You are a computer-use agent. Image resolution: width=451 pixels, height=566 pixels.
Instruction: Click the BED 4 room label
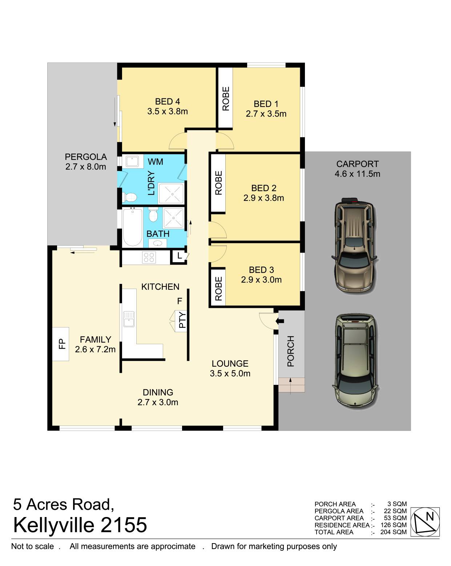click(168, 102)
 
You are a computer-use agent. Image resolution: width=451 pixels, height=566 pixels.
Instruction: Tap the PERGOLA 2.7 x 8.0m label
click(86, 162)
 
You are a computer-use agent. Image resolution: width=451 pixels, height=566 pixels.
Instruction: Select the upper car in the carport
click(354, 246)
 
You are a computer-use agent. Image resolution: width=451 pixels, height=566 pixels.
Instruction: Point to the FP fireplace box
click(61, 344)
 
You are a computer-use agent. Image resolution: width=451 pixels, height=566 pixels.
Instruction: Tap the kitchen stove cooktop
click(149, 257)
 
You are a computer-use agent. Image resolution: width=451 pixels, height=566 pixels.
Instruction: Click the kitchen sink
click(129, 319)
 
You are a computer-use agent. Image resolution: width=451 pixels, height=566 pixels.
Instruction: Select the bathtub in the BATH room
click(132, 227)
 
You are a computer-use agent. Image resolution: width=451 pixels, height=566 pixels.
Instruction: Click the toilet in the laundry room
click(129, 197)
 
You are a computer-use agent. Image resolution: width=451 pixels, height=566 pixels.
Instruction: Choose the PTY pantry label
click(182, 320)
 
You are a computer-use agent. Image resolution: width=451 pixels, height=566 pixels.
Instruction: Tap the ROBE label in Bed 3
click(218, 289)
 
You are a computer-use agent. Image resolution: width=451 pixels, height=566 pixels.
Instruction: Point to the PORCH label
click(290, 351)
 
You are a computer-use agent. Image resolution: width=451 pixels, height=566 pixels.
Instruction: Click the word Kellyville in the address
click(54, 525)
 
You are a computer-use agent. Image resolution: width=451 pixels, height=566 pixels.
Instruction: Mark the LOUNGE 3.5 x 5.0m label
click(230, 368)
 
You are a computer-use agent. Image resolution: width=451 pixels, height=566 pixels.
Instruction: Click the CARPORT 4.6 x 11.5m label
click(357, 169)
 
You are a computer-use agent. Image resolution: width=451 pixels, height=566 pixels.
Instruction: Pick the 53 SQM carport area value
click(395, 518)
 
